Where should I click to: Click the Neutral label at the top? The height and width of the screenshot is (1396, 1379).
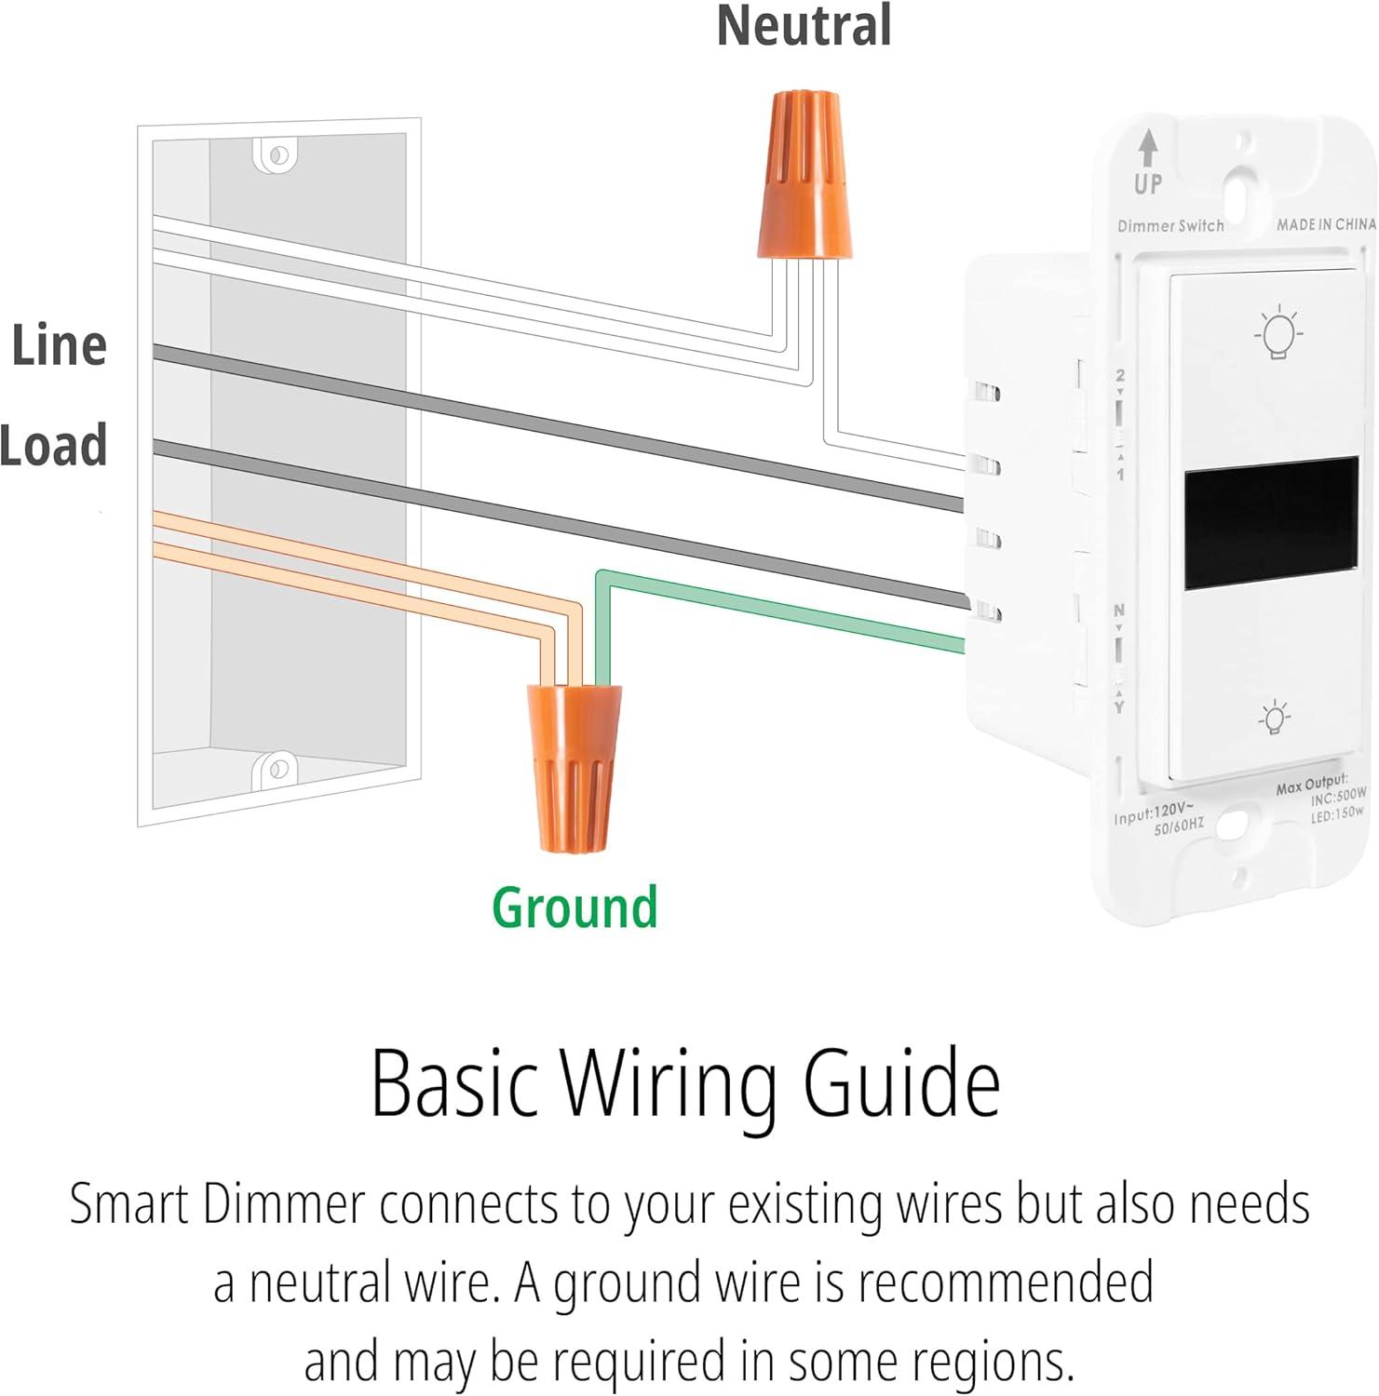[x=804, y=26]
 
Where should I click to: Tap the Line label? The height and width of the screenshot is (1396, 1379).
[x=59, y=345]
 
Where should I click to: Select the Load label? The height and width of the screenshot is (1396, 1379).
[x=54, y=445]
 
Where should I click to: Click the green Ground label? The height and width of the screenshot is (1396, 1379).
[x=575, y=906]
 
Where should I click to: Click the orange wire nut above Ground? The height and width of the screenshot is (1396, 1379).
[x=573, y=768]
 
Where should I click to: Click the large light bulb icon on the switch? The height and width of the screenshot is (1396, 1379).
[x=1279, y=331]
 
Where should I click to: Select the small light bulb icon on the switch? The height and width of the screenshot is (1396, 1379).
[x=1274, y=718]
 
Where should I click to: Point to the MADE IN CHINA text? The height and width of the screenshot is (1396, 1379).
[x=1325, y=224]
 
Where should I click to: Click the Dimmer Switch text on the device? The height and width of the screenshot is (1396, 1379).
[x=1170, y=226]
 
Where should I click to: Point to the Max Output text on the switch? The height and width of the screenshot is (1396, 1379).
[x=1311, y=784]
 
